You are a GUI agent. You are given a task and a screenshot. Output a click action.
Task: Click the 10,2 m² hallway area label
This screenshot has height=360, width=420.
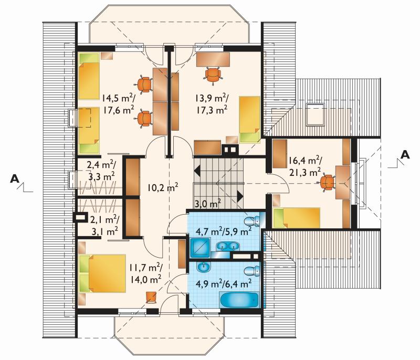(x=163, y=188)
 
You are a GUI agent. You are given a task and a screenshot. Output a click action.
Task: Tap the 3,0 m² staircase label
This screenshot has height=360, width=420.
(x=207, y=204)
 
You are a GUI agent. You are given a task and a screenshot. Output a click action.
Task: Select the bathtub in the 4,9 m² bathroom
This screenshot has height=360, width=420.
(x=239, y=300)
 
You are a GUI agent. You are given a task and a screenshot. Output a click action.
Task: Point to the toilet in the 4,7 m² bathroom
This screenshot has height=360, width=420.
(x=252, y=221)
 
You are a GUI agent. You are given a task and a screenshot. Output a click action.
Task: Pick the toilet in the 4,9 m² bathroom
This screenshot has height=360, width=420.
(x=252, y=271)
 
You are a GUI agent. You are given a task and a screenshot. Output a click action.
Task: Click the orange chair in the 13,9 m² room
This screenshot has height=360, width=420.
(x=214, y=76)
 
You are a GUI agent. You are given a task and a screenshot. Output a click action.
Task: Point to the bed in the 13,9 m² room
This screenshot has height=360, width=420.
(x=250, y=120)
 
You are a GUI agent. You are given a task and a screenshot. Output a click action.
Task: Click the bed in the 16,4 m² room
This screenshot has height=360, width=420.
(x=297, y=218)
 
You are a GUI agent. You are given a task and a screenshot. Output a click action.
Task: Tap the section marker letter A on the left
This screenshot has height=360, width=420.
(x=15, y=178)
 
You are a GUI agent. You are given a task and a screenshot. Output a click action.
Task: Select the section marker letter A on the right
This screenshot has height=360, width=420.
(x=405, y=154)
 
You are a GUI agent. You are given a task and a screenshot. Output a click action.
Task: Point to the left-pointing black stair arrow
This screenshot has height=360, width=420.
(x=197, y=170)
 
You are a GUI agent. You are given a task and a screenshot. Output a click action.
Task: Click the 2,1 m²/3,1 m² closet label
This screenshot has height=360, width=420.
(x=104, y=225)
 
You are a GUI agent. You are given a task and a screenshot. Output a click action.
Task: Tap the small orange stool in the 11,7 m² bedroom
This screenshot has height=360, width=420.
(x=152, y=297)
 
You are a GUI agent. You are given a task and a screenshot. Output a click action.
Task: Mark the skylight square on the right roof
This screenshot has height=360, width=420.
(x=316, y=114)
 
